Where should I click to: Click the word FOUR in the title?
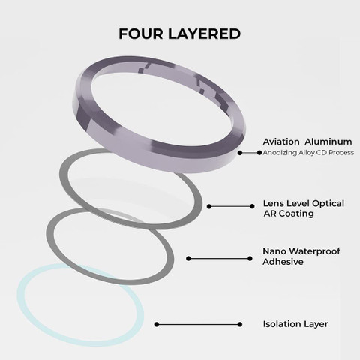tap(141, 34)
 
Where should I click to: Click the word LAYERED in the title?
tap(204, 34)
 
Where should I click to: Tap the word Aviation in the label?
tap(281, 142)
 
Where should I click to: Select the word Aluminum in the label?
tap(328, 142)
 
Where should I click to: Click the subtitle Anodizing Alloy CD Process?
tap(308, 152)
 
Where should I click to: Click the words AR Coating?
tap(289, 214)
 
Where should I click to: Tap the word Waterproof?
tap(314, 251)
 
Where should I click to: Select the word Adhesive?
tap(283, 262)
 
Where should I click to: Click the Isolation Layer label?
tap(295, 324)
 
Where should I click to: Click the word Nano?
tap(274, 251)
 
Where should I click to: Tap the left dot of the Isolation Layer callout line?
tap(157, 324)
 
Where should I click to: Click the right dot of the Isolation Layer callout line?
tap(240, 324)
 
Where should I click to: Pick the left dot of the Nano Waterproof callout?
tap(188, 258)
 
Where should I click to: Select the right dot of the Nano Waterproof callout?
tap(250, 258)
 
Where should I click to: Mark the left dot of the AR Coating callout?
tap(209, 206)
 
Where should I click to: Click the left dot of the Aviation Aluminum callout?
tap(240, 153)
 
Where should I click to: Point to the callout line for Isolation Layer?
tap(198, 324)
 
